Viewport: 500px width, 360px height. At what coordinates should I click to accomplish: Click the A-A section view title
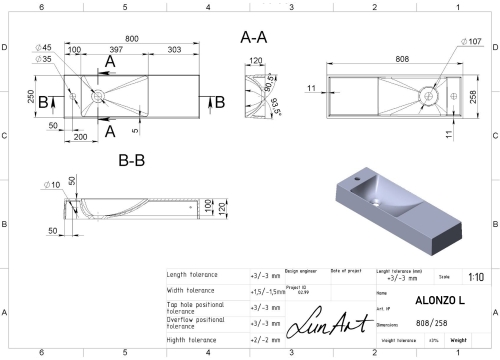click(x=253, y=37)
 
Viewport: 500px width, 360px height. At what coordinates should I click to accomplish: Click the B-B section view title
click(x=134, y=158)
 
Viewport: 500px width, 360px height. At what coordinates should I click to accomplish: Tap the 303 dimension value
click(x=176, y=50)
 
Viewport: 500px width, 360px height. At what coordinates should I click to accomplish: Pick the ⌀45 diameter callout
click(x=45, y=48)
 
